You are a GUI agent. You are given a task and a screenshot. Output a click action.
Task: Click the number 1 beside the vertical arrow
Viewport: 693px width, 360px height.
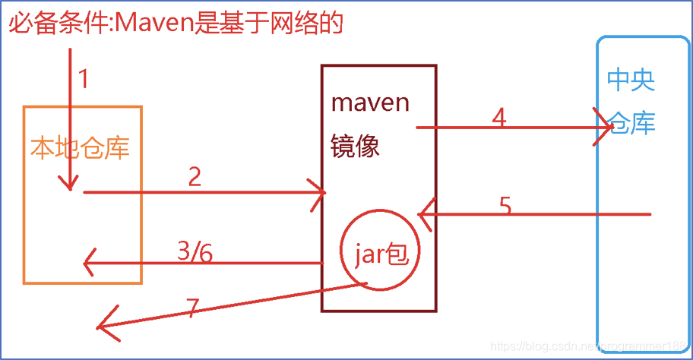pos(84,79)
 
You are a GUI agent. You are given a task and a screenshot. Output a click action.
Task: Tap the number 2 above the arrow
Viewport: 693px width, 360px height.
pos(195,177)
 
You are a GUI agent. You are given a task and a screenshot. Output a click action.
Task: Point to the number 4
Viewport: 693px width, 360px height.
pos(498,118)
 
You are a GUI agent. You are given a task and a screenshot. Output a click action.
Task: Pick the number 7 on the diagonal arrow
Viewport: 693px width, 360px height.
pos(193,308)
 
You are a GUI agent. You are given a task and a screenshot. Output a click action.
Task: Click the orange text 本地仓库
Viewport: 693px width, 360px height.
pos(80,147)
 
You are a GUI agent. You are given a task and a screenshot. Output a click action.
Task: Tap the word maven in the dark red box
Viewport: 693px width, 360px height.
pos(371,102)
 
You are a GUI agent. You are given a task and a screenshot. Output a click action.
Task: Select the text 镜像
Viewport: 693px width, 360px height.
pos(355,145)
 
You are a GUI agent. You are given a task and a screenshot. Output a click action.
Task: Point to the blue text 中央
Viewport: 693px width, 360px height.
pos(631,80)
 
